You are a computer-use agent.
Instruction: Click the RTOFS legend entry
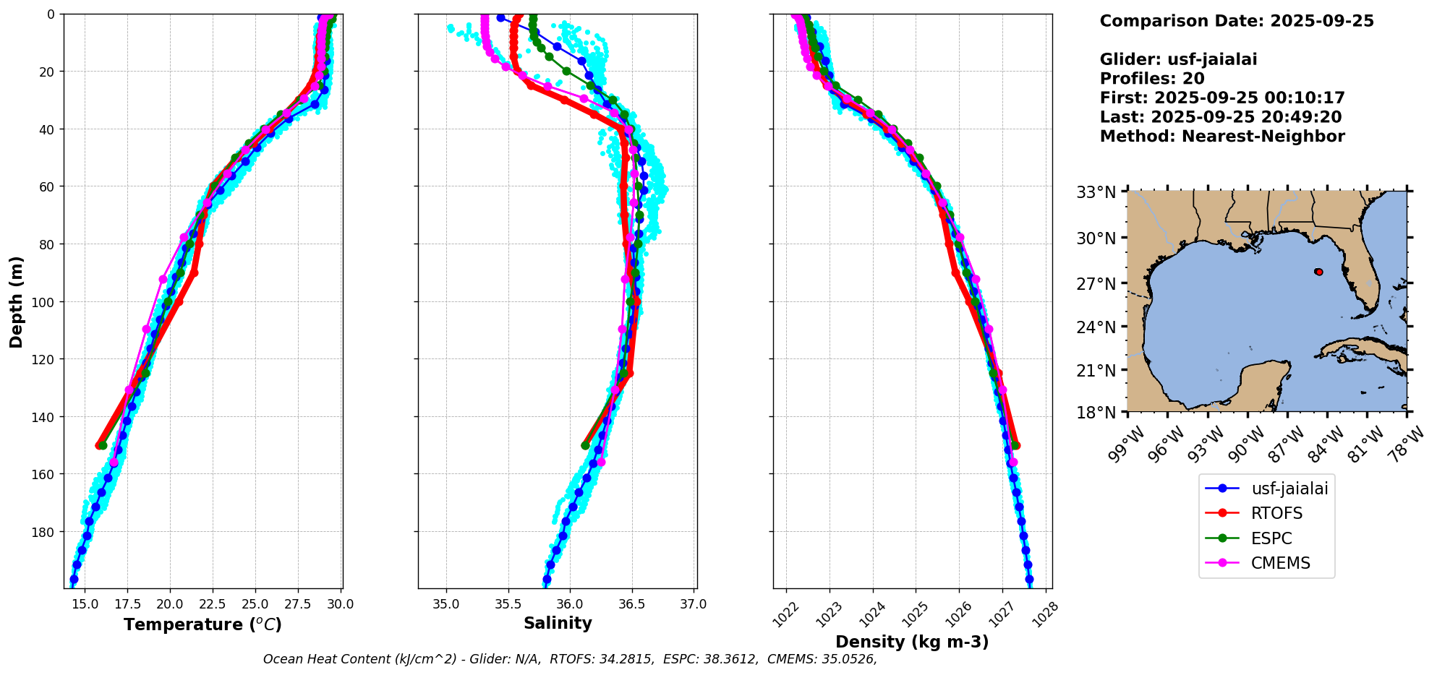point(1266,513)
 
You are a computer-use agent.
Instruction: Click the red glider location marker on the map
point(1319,272)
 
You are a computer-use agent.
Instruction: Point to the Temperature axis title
point(202,624)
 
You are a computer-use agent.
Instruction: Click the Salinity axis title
point(558,624)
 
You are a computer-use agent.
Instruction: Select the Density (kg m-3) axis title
point(912,642)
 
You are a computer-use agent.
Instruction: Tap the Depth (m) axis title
point(17,301)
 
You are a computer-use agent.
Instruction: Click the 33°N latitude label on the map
point(1096,192)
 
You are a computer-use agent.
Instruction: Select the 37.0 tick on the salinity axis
point(693,604)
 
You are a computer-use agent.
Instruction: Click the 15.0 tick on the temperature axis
point(85,604)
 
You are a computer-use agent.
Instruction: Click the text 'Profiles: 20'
point(1152,79)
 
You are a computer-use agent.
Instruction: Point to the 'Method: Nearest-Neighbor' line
point(1222,137)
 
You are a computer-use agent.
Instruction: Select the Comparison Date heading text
point(1237,21)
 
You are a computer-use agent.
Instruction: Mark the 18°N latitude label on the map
point(1096,412)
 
